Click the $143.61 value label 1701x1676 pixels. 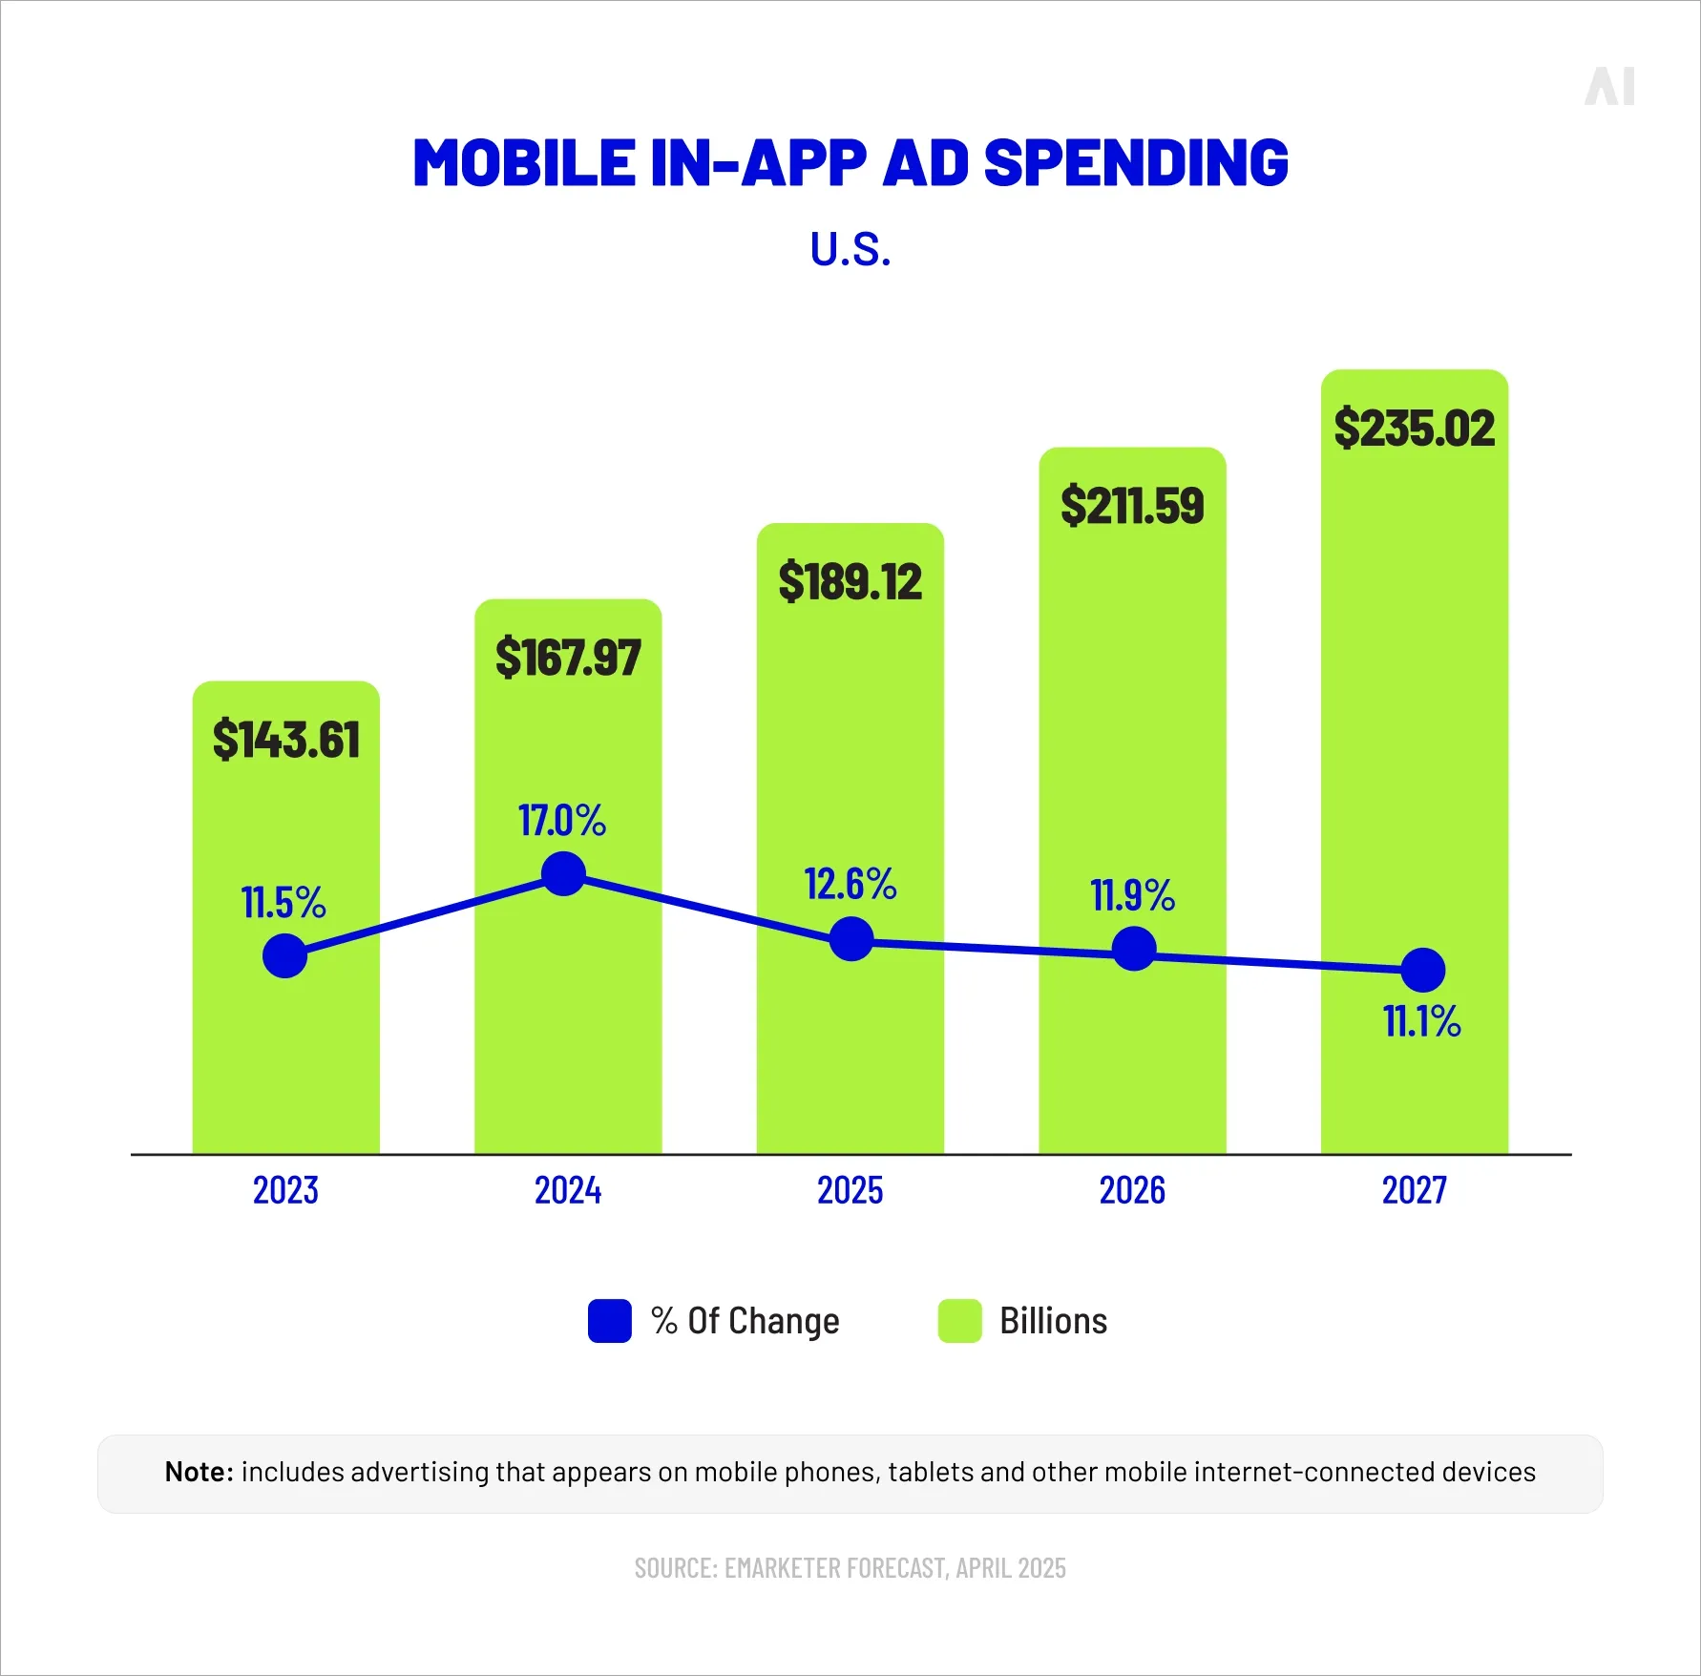click(286, 740)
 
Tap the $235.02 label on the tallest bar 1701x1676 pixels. click(1414, 428)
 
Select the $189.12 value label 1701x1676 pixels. click(850, 581)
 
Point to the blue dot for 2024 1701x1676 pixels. click(563, 874)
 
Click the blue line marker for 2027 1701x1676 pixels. click(1422, 971)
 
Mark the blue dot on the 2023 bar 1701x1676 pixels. click(284, 955)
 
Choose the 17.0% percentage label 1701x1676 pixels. click(562, 820)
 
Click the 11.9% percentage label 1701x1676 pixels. click(1132, 895)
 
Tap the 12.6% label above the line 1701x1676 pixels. click(850, 884)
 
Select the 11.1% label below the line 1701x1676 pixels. click(1421, 1021)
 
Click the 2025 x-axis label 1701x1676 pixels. click(850, 1190)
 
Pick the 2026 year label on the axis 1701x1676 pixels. click(1132, 1190)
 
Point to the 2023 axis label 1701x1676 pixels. click(285, 1190)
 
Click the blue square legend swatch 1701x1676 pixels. click(609, 1321)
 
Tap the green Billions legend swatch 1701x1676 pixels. click(959, 1321)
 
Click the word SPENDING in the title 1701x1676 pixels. click(1135, 162)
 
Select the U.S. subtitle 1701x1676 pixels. click(850, 250)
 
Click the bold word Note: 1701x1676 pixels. click(199, 1472)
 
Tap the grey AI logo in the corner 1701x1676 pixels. click(1609, 87)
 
